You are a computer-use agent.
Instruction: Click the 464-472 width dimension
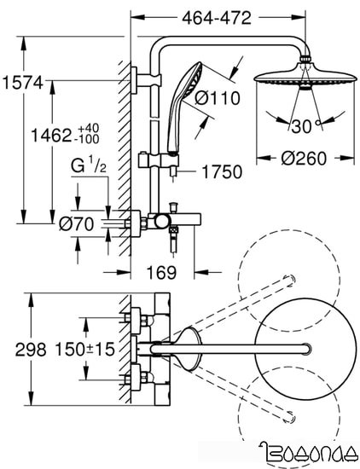217,18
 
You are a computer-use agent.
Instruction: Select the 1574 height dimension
22,83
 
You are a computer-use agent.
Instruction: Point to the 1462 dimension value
51,136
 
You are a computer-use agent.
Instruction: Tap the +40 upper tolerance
88,128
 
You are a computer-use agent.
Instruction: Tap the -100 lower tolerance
88,139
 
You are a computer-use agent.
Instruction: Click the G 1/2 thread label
88,166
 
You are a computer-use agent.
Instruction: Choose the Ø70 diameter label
76,223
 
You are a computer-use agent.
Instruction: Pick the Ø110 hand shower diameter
218,97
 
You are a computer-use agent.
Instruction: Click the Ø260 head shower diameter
303,159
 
